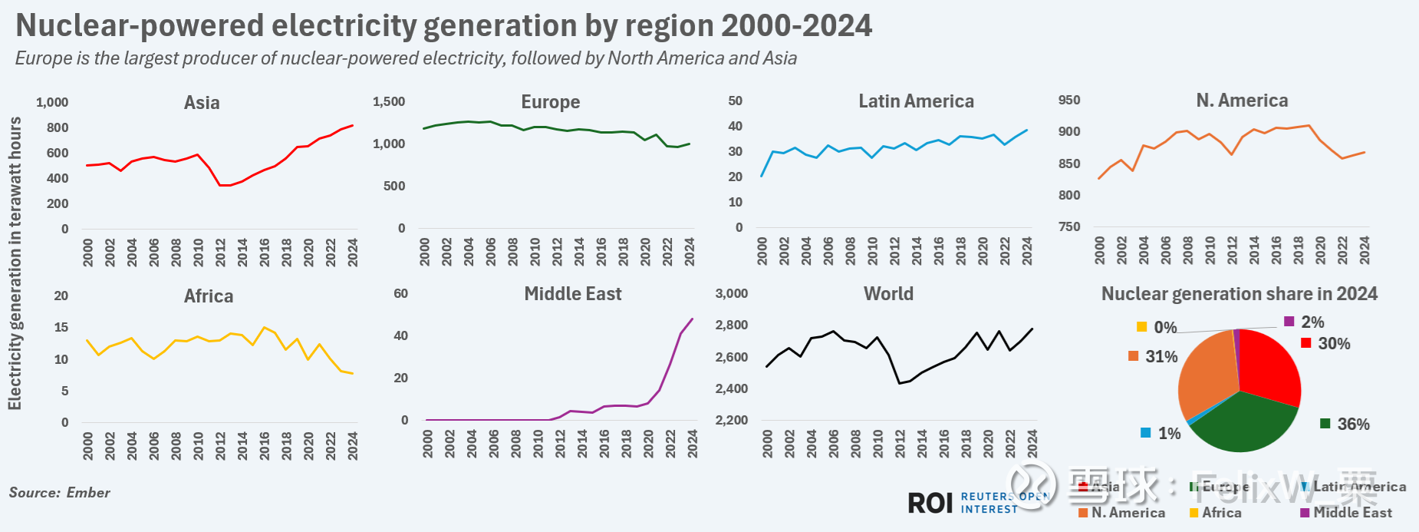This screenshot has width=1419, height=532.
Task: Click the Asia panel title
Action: click(202, 103)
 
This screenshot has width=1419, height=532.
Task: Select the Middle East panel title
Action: click(572, 294)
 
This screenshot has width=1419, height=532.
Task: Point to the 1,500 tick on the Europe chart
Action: click(389, 102)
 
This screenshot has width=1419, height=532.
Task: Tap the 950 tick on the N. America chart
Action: click(1069, 101)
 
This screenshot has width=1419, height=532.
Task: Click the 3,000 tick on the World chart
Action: click(731, 294)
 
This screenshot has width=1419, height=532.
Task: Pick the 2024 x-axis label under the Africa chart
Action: click(353, 446)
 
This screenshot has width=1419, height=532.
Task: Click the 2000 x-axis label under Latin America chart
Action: click(762, 251)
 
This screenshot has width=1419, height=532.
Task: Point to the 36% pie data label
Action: click(1353, 425)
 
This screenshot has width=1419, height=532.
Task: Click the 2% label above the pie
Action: click(1312, 322)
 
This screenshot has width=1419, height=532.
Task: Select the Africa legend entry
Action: click(1221, 513)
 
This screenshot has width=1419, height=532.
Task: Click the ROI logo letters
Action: click(930, 504)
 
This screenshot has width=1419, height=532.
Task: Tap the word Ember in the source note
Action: click(88, 493)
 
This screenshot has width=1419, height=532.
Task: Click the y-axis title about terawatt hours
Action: click(15, 263)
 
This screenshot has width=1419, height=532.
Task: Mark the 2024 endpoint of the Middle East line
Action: click(693, 319)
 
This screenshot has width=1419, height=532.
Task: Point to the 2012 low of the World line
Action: click(900, 383)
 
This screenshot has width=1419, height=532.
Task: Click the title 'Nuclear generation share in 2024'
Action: click(1239, 294)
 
